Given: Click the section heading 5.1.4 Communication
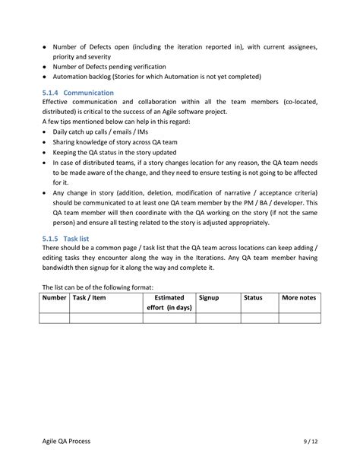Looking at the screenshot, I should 78,92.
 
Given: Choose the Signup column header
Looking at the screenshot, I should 209,298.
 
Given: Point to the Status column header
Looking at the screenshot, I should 253,298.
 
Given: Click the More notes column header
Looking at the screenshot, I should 298,298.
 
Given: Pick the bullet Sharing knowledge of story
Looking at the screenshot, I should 120,141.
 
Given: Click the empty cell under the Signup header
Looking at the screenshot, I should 218,319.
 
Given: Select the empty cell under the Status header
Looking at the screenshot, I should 260,319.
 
